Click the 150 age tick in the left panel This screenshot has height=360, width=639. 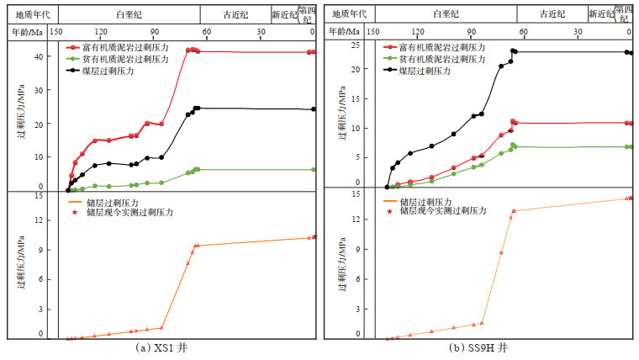tap(56, 32)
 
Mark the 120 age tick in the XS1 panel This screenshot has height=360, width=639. tap(101, 32)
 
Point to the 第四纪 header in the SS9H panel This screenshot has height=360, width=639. tap(623, 13)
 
